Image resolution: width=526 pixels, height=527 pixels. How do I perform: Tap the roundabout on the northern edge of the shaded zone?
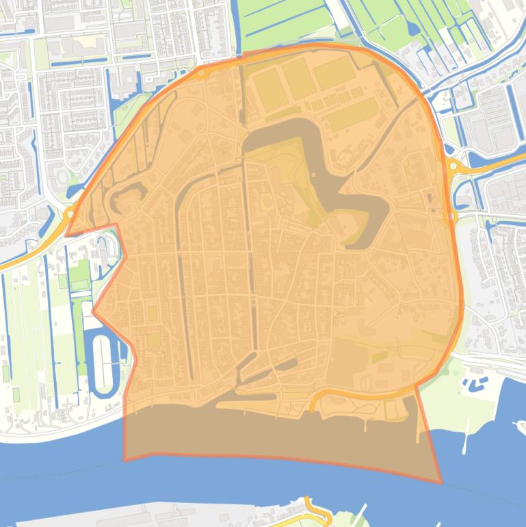pos(201,73)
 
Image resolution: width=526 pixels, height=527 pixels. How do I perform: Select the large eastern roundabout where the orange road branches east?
pos(453,166)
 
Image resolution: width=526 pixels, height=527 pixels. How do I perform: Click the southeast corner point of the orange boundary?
pos(440,483)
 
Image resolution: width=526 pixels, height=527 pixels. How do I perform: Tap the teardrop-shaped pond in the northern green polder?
pos(412,27)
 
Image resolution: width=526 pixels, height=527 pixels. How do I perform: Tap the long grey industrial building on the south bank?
pos(157,514)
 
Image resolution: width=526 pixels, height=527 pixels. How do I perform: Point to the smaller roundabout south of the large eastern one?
pos(450,217)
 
